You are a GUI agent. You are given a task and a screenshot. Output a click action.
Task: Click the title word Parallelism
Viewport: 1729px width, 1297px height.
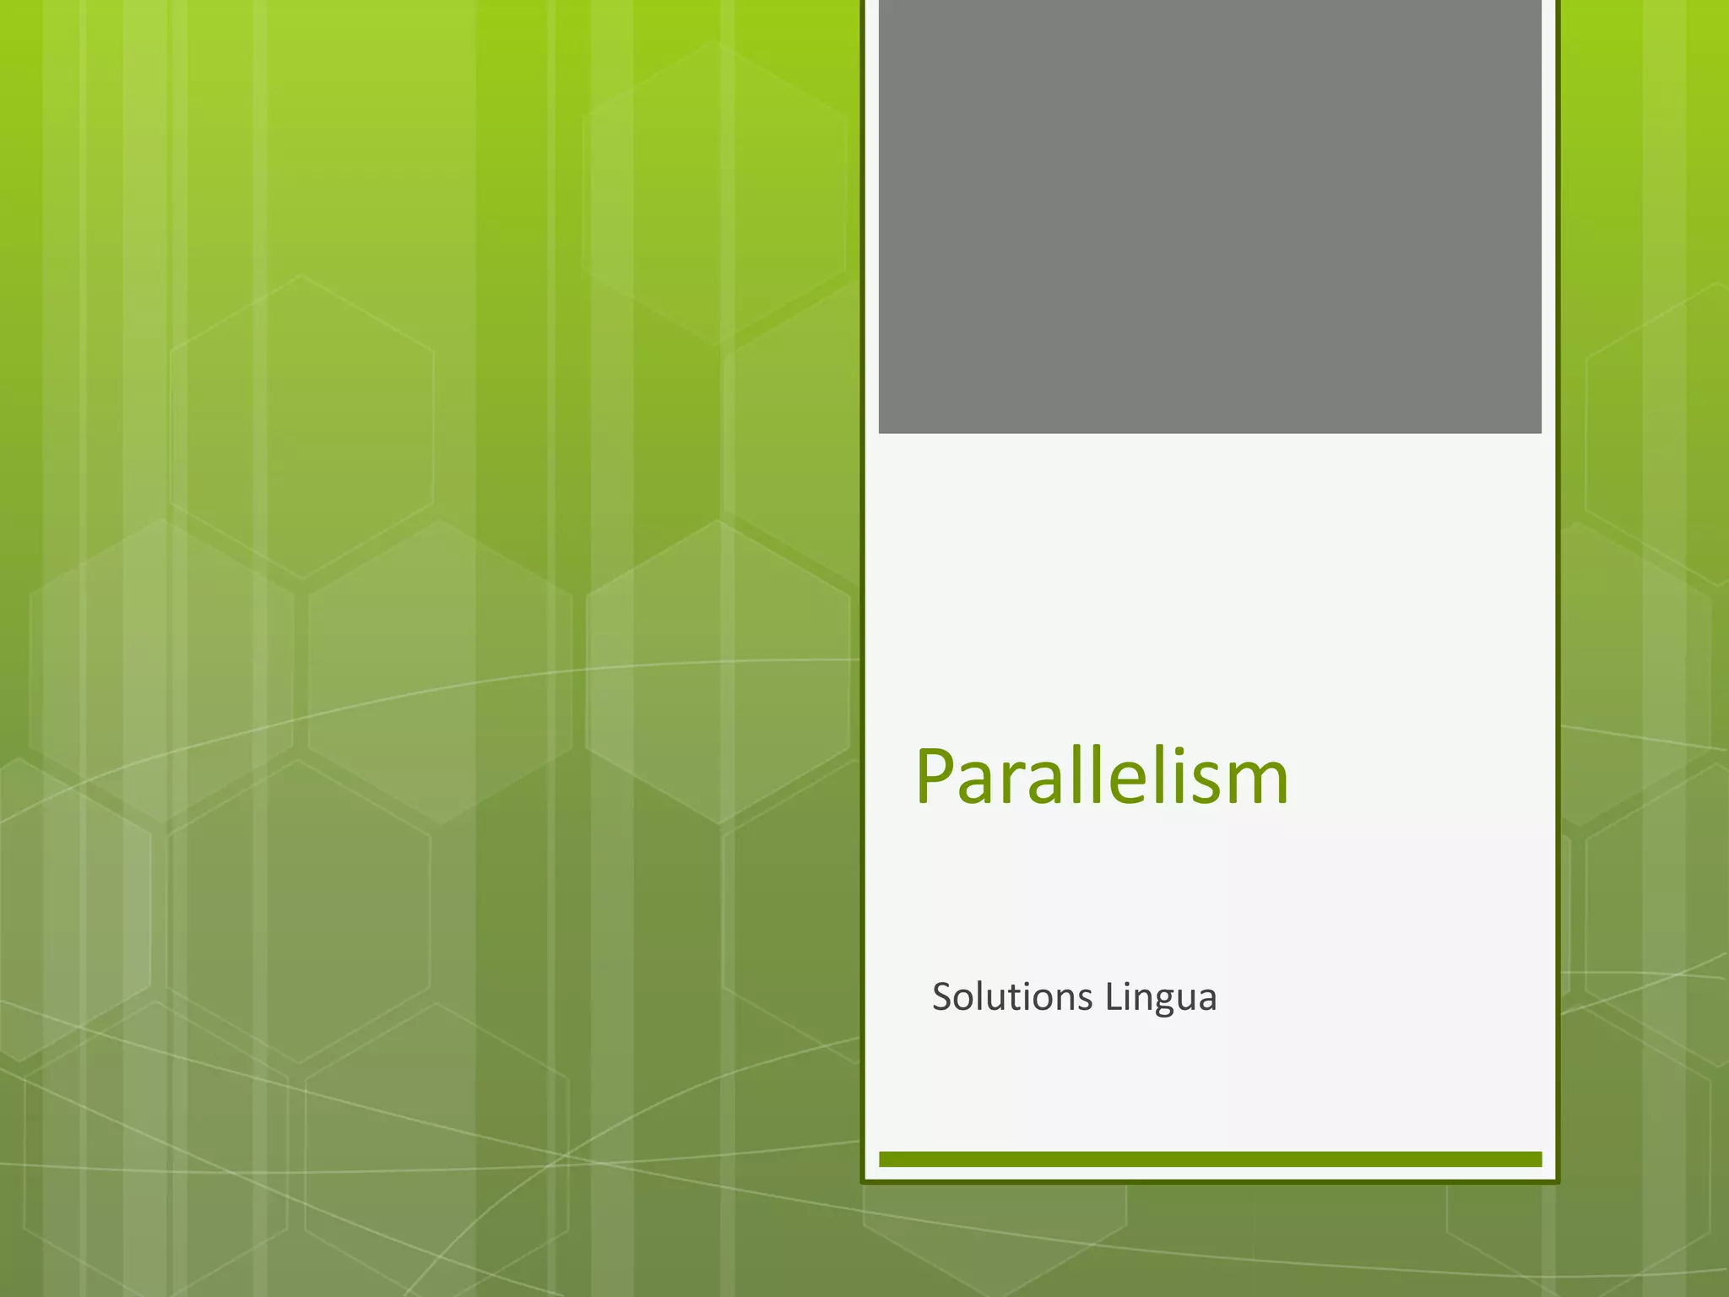click(x=1102, y=777)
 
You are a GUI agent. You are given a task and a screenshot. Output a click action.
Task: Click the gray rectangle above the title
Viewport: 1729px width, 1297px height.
click(x=1210, y=216)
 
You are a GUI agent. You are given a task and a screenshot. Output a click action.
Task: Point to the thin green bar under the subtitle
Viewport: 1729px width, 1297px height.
click(x=1210, y=1159)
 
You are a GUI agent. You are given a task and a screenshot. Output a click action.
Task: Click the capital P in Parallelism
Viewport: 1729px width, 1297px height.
click(x=936, y=777)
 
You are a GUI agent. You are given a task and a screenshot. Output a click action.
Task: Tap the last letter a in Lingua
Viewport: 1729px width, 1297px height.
click(x=1207, y=1001)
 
